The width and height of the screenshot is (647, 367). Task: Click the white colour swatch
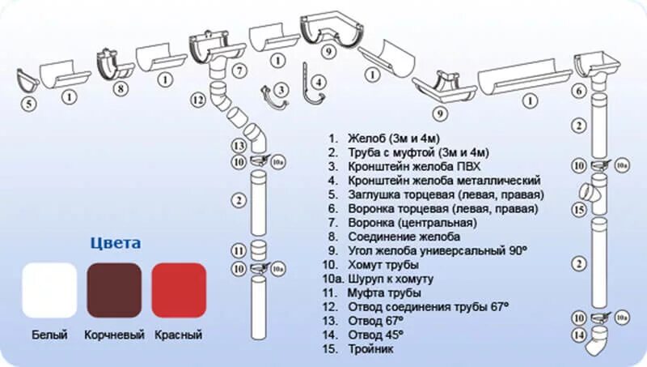click(x=49, y=290)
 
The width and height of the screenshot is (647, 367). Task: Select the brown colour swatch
click(x=114, y=290)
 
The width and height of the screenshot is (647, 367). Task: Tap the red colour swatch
click(x=179, y=290)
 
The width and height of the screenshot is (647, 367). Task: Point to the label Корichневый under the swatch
click(x=114, y=335)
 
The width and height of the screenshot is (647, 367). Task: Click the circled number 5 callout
click(x=28, y=103)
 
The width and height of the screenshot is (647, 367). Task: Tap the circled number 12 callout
click(x=197, y=101)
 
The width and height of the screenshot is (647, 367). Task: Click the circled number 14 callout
click(x=579, y=334)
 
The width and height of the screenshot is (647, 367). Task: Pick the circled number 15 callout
click(x=579, y=210)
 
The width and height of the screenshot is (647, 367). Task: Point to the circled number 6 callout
click(x=579, y=92)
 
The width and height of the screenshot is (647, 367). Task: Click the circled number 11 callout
click(x=239, y=250)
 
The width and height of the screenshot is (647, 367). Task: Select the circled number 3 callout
click(x=280, y=90)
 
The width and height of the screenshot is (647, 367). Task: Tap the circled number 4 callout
click(x=319, y=81)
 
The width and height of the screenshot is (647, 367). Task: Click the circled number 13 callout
click(x=239, y=146)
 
